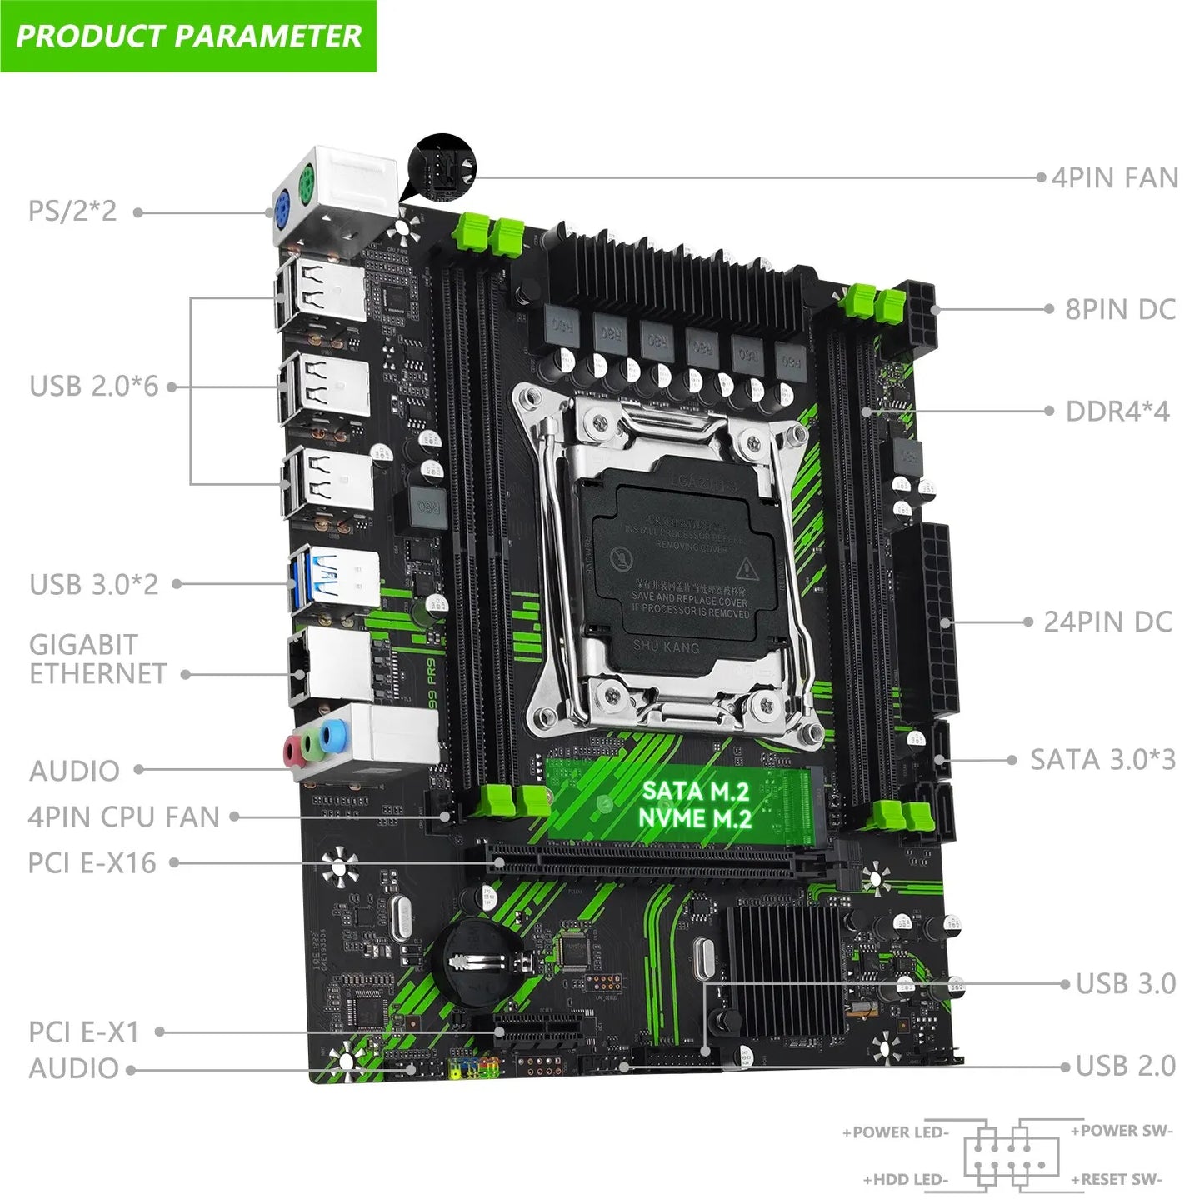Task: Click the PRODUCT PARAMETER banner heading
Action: coord(188,36)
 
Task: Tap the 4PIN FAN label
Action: coord(1114,177)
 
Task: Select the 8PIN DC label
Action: coord(1120,309)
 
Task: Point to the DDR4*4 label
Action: coord(1117,411)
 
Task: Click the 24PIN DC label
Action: coord(1107,622)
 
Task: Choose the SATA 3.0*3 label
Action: coord(1102,759)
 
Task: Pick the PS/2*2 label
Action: coord(72,211)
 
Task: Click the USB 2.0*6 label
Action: coord(93,386)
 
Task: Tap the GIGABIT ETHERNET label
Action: coord(97,658)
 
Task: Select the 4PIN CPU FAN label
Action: coord(123,817)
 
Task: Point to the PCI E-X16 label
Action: coord(92,862)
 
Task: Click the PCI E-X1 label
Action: coord(83,1032)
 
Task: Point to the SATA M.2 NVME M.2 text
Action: coord(695,804)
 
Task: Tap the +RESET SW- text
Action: coord(1116,1179)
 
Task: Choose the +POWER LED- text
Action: coord(896,1132)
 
